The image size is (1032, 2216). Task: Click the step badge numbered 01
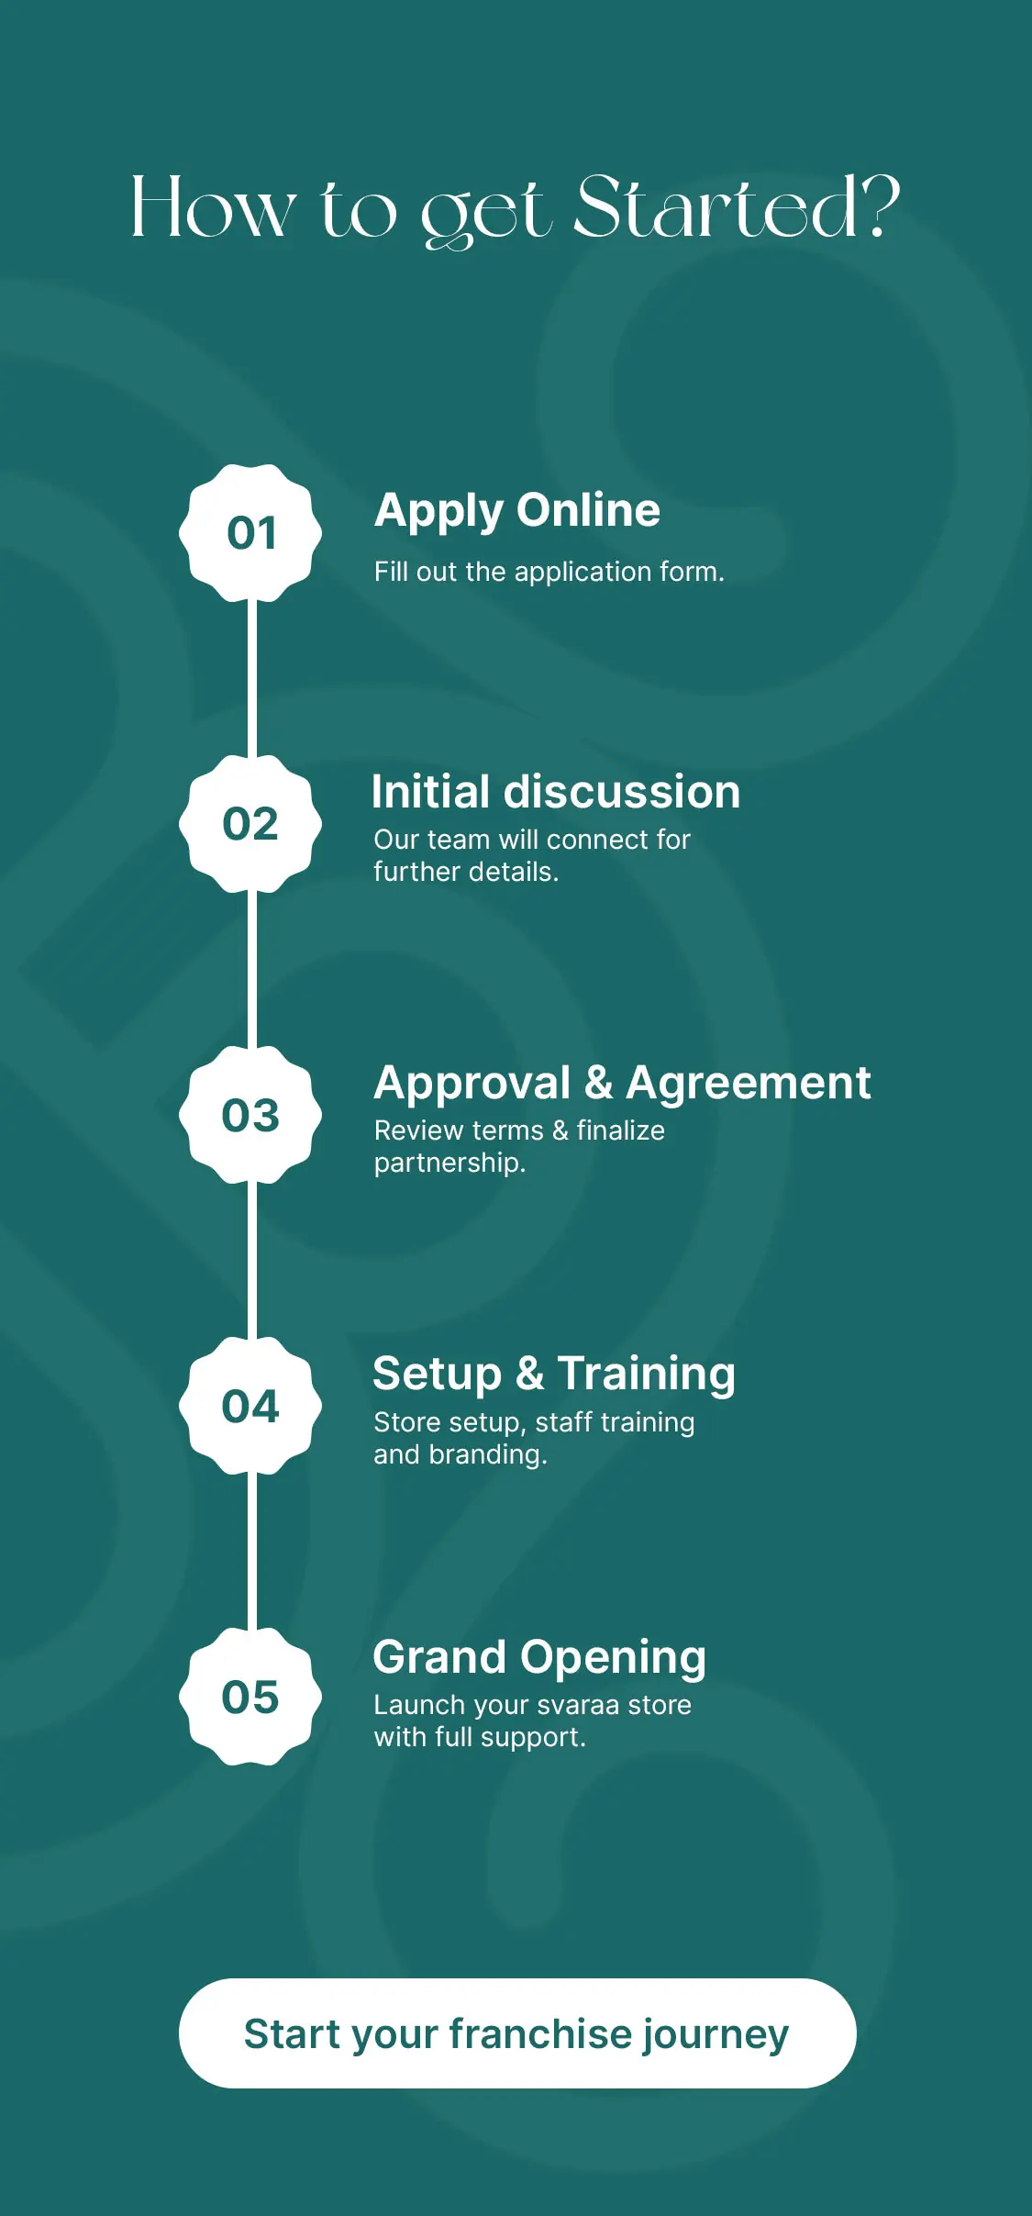pyautogui.click(x=250, y=533)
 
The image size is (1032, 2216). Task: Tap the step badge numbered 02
pyautogui.click(x=250, y=824)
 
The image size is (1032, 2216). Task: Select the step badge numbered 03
pyautogui.click(x=250, y=1115)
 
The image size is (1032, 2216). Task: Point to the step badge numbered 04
pyautogui.click(x=250, y=1406)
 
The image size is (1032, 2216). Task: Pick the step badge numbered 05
pyautogui.click(x=250, y=1697)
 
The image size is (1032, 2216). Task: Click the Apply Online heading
pyautogui.click(x=517, y=511)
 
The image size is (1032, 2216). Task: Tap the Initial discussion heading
pyautogui.click(x=556, y=791)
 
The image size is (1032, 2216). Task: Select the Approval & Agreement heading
pyautogui.click(x=622, y=1084)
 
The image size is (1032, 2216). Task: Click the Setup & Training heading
pyautogui.click(x=554, y=1375)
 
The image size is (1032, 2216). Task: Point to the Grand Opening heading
pyautogui.click(x=539, y=1658)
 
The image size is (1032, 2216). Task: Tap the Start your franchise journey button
pyautogui.click(x=517, y=2033)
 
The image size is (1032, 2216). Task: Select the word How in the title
pyautogui.click(x=214, y=208)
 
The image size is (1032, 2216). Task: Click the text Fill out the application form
pyautogui.click(x=549, y=572)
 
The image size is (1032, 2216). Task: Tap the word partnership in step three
pyautogui.click(x=447, y=1164)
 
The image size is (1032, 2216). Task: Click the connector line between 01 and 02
pyautogui.click(x=251, y=679)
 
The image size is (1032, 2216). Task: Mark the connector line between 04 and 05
pyautogui.click(x=251, y=1552)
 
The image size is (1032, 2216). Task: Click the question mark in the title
pyautogui.click(x=882, y=207)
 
